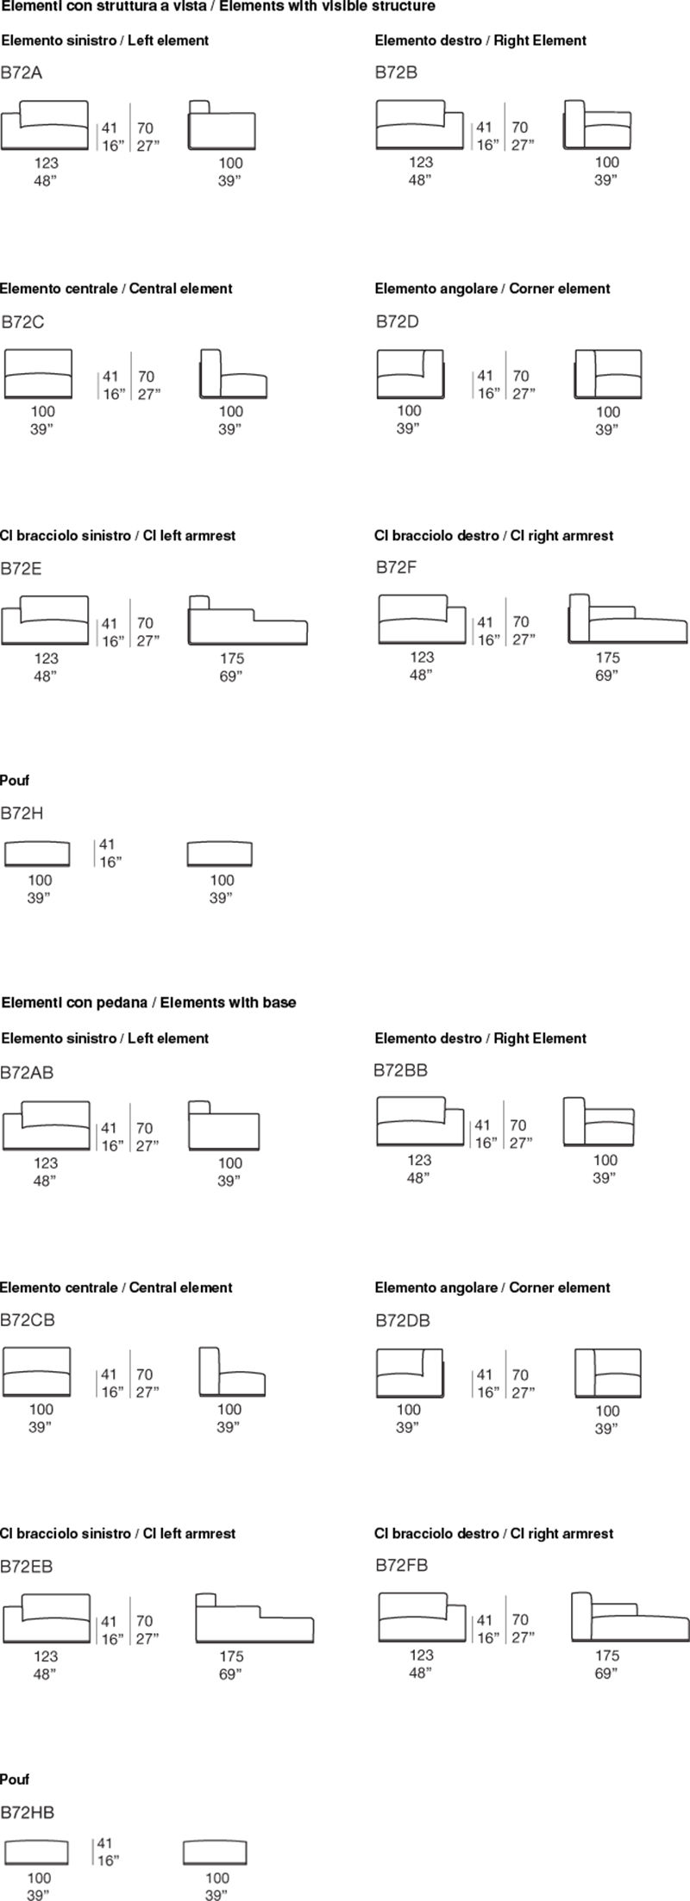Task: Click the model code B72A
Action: point(21,73)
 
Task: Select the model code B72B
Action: point(396,72)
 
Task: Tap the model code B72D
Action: point(398,322)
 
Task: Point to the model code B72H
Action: point(22,813)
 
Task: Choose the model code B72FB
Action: point(402,1565)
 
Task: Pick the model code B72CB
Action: point(28,1320)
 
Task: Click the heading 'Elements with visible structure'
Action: point(328,7)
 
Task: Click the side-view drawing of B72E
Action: point(248,620)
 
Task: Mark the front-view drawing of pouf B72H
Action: point(37,853)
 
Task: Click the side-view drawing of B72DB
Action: point(608,1373)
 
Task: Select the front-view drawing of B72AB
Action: point(47,1125)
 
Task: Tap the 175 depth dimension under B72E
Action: point(232,658)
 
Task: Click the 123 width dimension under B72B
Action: point(421,162)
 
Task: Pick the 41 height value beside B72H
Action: point(107,845)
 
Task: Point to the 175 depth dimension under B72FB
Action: point(607,1655)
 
